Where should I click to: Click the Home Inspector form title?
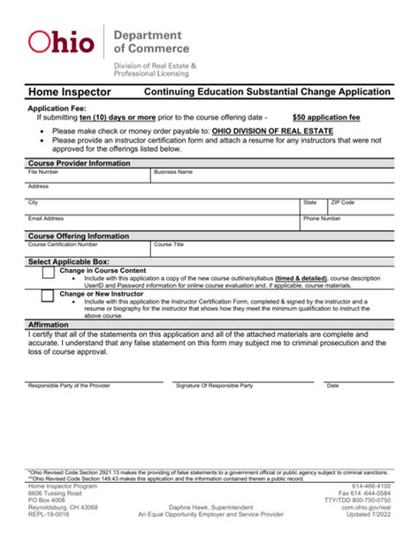pos(70,91)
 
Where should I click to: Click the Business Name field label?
pos(172,172)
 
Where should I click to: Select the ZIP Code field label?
pos(341,202)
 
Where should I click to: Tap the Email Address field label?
pos(46,218)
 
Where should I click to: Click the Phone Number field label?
pos(322,218)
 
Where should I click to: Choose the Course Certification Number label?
pos(63,245)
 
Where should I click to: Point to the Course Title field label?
pos(169,245)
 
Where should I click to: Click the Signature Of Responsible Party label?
pos(214,386)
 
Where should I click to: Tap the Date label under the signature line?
pos(332,386)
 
